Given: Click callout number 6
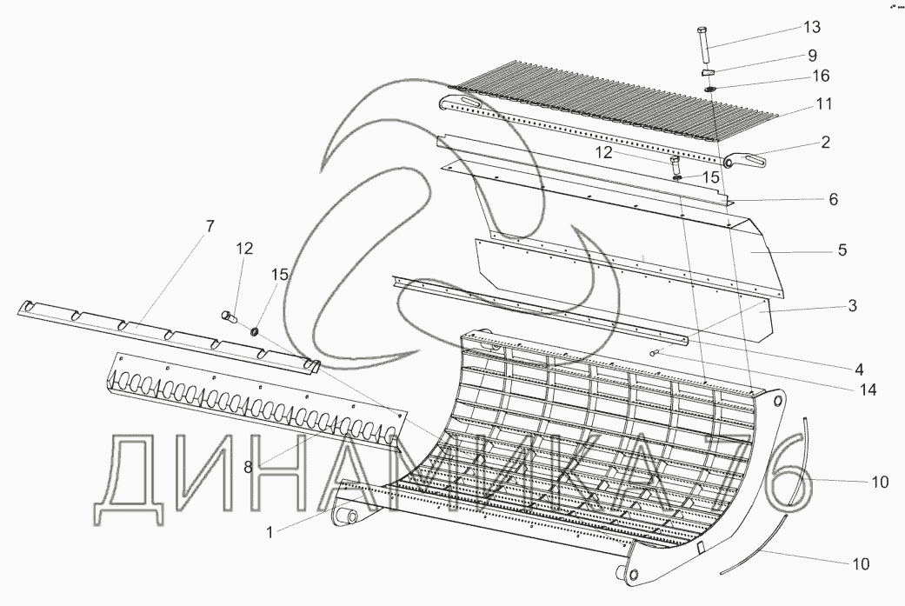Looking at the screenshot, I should click(832, 199).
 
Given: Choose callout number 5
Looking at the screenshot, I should click(842, 250).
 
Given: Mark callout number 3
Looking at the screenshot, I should click(852, 305).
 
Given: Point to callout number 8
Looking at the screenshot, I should click(248, 467).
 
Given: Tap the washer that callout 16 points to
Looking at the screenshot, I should click(710, 89).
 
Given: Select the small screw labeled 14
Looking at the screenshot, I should click(655, 352).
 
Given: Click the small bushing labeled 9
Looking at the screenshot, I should click(709, 72).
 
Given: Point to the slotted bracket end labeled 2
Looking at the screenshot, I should click(750, 160).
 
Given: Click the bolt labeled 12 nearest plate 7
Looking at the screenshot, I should click(230, 316).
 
